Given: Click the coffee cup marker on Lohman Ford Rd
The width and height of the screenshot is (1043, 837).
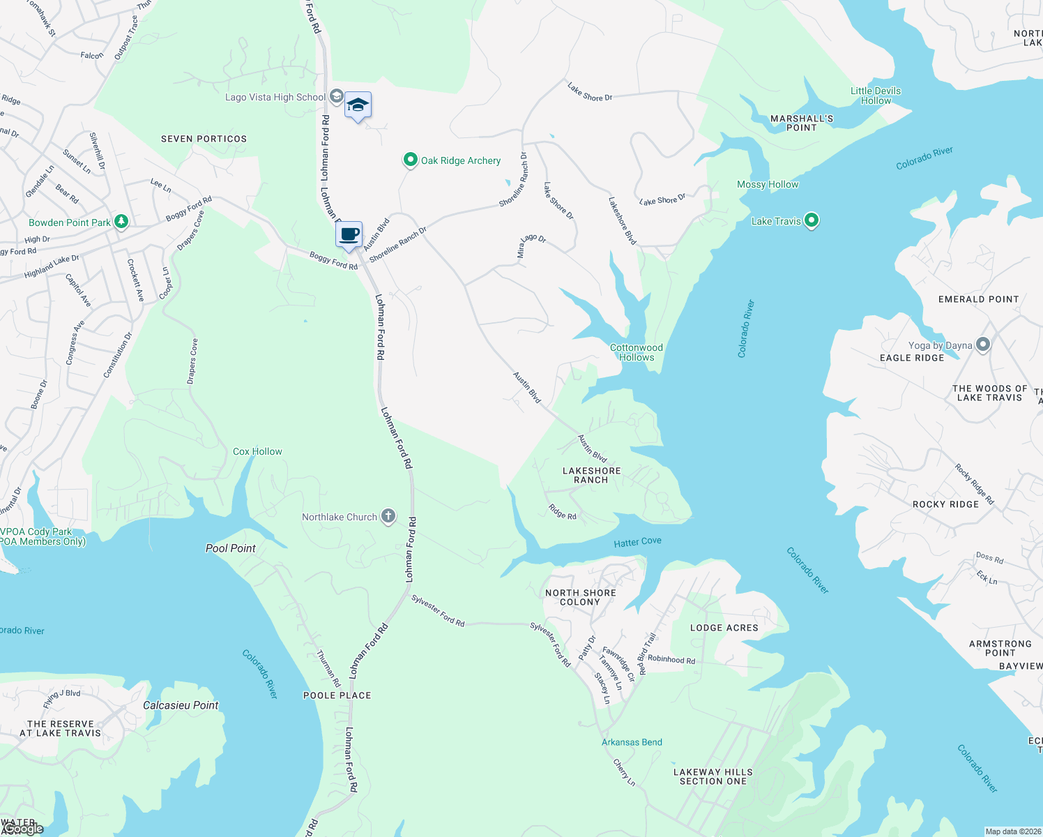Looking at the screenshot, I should click(349, 234).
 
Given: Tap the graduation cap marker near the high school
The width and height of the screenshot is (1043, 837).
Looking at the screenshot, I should click(358, 105).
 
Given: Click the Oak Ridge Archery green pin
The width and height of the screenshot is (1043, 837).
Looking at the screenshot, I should click(411, 160).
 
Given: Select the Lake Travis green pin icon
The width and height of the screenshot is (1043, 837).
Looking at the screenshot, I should click(811, 221).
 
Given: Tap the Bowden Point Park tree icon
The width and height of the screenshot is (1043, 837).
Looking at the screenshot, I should click(121, 222).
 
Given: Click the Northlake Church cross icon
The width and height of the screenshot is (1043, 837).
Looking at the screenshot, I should click(388, 517).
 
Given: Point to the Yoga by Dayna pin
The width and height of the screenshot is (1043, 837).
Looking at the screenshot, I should click(983, 345).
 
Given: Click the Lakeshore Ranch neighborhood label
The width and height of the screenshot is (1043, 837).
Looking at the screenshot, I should click(591, 476).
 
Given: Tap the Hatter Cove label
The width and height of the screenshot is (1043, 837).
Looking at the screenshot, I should click(637, 542).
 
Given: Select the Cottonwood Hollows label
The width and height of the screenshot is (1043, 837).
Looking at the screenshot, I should click(637, 352).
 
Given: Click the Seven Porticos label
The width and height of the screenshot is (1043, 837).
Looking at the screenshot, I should click(204, 139).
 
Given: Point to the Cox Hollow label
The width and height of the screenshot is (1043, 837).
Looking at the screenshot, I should click(257, 452).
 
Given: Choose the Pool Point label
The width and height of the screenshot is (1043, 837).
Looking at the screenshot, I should click(231, 548).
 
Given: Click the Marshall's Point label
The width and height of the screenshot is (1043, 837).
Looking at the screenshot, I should click(802, 123).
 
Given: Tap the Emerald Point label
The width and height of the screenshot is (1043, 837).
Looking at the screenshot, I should click(978, 299).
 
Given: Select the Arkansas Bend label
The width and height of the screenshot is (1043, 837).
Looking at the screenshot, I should click(632, 742).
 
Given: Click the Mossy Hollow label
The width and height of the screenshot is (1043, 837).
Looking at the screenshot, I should click(768, 184).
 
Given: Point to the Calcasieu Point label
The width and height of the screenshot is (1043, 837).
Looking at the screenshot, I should click(181, 705).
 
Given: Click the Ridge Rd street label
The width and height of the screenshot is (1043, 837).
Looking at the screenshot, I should click(563, 512).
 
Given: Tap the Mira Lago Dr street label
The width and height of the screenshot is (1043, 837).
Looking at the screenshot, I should click(531, 246).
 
